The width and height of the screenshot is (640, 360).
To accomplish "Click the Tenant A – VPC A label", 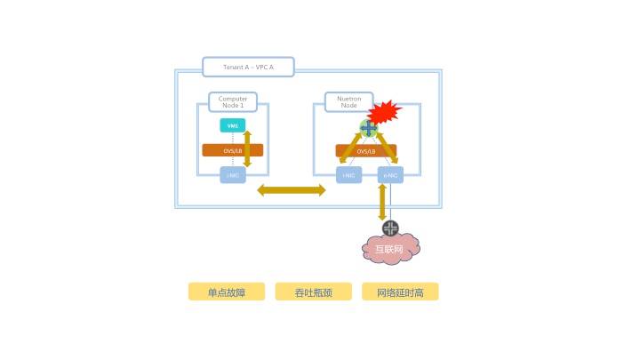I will [x=247, y=68].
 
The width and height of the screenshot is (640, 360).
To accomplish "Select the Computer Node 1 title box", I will [x=233, y=102].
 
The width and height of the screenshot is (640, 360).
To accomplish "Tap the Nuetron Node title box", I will [x=341, y=102].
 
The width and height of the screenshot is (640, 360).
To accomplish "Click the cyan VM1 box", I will [x=232, y=126].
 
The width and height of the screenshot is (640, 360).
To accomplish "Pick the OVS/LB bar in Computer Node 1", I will [x=222, y=150].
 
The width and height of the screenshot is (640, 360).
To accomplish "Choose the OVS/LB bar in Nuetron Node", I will [x=364, y=152].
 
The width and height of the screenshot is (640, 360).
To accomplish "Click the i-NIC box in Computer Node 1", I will [x=233, y=175].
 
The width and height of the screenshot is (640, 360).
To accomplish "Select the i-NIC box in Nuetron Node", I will [x=348, y=175].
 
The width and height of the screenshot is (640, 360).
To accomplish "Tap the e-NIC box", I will [x=389, y=175].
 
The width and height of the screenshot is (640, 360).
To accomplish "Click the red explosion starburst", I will [x=385, y=114].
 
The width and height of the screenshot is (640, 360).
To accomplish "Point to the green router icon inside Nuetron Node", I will [x=368, y=128].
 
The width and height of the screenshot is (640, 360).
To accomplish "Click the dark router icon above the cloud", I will [x=390, y=228].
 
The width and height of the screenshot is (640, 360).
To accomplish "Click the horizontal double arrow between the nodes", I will [x=291, y=189].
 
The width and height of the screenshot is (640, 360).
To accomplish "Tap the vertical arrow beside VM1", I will [x=247, y=148].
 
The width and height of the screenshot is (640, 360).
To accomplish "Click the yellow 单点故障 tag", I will [x=226, y=292].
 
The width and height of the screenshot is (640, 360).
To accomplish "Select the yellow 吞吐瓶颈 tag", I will [x=313, y=292].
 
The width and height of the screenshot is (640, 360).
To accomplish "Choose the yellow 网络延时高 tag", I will [x=400, y=292].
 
